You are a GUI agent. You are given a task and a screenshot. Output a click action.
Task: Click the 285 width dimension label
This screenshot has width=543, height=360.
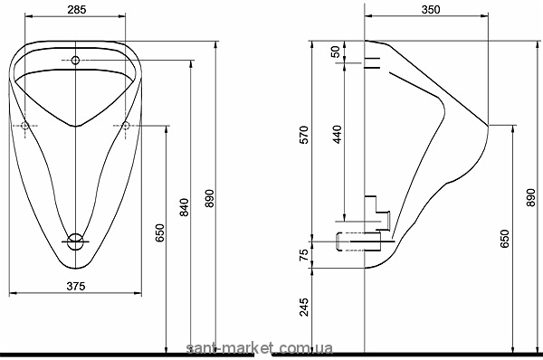tap(77, 10)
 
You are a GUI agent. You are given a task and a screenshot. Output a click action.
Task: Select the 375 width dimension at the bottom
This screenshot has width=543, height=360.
tap(76, 286)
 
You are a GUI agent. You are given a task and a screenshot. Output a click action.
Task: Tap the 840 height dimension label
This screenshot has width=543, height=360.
tap(185, 207)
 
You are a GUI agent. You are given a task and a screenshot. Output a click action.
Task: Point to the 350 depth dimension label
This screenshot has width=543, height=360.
tap(431, 10)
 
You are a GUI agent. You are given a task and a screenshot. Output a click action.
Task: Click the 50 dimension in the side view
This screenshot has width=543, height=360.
tap(335, 52)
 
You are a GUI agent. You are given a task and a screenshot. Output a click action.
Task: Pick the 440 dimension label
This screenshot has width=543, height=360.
tap(337, 134)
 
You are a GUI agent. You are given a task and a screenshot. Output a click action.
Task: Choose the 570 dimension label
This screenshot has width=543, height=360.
tap(303, 135)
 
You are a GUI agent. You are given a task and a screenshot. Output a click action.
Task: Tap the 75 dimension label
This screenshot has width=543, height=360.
tap(303, 255)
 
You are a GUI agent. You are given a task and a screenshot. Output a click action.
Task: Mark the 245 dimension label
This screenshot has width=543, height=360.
tap(304, 307)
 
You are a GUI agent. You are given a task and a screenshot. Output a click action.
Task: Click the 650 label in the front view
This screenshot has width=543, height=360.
tap(159, 233)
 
